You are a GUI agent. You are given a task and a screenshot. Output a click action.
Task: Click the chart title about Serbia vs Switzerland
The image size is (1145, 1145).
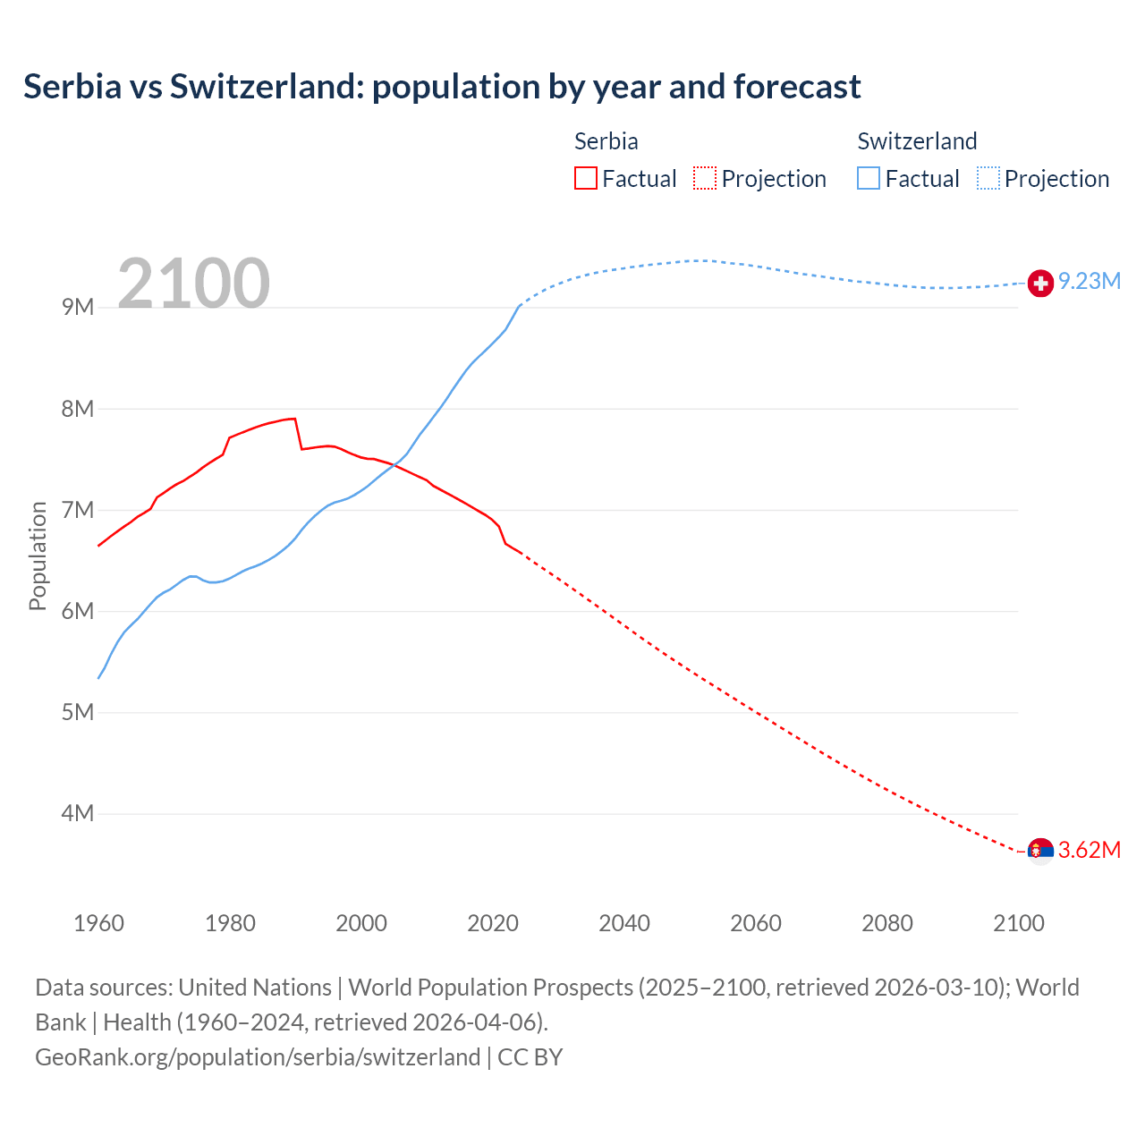pos(442,87)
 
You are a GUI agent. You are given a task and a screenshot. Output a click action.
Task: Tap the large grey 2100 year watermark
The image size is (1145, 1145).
pos(193,284)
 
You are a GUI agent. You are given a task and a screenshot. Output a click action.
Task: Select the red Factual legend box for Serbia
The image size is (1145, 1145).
pos(585,179)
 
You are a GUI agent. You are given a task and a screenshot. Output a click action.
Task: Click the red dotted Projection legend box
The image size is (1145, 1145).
pos(705,179)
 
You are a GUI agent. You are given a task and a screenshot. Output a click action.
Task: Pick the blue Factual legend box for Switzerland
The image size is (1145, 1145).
pos(869,179)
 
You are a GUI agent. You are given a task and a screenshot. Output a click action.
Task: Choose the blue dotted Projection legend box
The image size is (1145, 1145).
pos(988,179)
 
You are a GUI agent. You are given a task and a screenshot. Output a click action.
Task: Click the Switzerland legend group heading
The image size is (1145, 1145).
pos(917,141)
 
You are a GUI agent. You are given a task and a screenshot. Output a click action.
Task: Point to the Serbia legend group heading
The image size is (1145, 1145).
pos(606,141)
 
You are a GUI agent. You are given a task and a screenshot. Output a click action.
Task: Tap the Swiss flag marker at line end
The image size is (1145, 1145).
pos(1040,284)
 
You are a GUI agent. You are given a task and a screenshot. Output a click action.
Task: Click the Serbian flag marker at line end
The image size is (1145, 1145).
pos(1040,851)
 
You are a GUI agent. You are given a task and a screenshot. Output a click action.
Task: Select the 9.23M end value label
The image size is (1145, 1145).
pos(1090,282)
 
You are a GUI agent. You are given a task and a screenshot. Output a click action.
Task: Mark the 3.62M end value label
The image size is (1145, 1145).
pos(1090,851)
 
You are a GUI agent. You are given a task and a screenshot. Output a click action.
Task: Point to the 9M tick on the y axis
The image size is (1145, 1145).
pos(78,308)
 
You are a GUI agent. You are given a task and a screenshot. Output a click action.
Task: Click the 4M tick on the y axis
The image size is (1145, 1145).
pos(78,814)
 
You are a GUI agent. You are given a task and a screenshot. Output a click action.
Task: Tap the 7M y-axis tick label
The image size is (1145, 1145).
pos(78,510)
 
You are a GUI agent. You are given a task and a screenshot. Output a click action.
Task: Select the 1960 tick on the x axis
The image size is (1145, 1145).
pos(98,923)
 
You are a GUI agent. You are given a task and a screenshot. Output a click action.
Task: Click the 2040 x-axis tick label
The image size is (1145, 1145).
pos(624,923)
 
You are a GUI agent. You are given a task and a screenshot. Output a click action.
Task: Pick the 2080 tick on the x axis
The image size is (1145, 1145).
pos(887,923)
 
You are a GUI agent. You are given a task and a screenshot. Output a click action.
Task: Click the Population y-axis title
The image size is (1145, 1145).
pos(38,556)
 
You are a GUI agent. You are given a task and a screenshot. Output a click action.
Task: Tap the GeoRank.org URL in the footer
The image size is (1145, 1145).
pos(258,1057)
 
